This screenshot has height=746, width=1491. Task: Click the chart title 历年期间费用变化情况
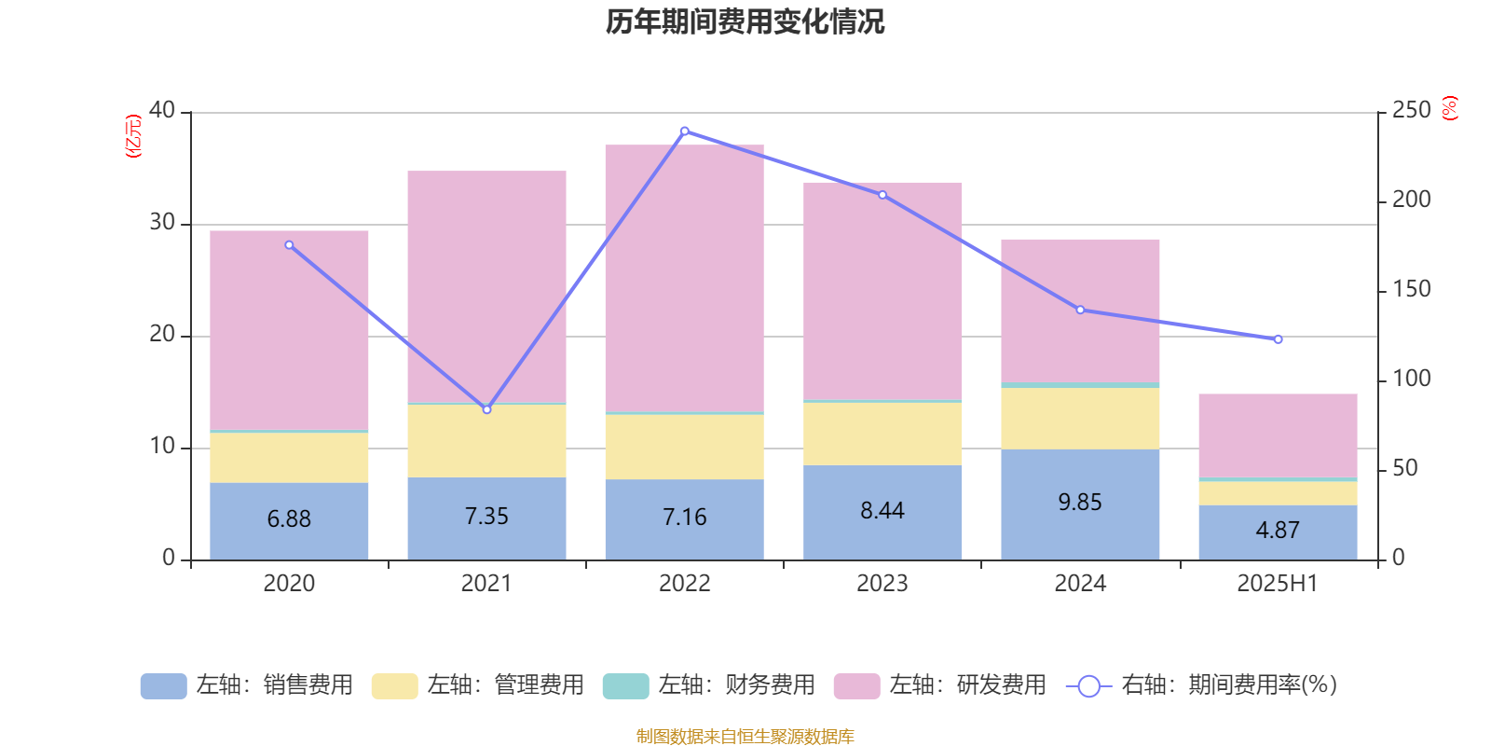coord(745,21)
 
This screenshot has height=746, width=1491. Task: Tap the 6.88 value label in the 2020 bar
coord(289,519)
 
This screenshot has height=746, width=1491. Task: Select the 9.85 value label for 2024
coord(1080,503)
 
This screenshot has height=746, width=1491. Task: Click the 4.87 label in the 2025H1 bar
coord(1278,531)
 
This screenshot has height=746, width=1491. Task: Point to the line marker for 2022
coord(685,131)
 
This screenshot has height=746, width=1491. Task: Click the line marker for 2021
coord(486,409)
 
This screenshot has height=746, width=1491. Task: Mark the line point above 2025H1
coord(1278,339)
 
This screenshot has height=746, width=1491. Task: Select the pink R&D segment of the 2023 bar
coord(882,289)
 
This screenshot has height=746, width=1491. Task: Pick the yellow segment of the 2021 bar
coord(486,440)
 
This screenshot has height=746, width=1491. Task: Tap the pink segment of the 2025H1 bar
coord(1278,435)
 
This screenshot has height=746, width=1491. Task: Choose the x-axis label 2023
coord(882,584)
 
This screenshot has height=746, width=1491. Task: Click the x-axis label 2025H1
coord(1278,584)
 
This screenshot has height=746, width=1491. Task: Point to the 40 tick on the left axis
coord(162,111)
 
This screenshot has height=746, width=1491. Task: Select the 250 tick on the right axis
coord(1411,111)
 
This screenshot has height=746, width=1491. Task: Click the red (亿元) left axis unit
coord(133,136)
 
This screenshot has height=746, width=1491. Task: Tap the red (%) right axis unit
coord(1450,108)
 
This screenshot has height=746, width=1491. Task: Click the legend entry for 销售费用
coord(247,685)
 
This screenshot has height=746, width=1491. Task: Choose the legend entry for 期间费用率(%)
coord(1202,685)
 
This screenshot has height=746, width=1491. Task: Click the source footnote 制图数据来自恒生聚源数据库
coord(745,737)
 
